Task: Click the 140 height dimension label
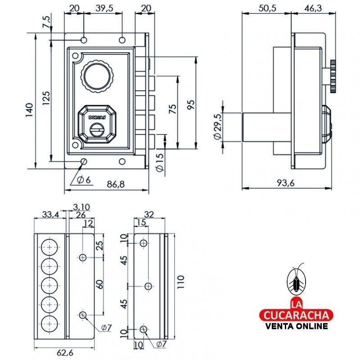point(29,110)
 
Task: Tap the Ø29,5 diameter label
point(218,127)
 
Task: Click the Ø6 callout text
point(83,180)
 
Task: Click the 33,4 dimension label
point(50,215)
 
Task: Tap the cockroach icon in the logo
point(297,280)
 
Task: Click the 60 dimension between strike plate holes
point(100,284)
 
